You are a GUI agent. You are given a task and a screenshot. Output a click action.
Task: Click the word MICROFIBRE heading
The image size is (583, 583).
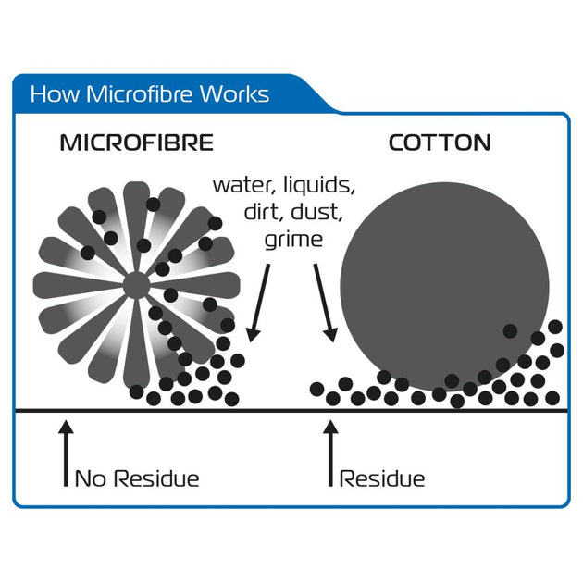[x=136, y=143]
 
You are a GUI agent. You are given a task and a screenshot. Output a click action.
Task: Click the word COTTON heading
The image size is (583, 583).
[x=440, y=143]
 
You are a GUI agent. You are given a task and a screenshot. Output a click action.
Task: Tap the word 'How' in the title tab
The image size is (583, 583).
[x=51, y=94]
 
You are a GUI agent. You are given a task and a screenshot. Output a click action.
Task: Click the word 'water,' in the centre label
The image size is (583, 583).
[x=243, y=183]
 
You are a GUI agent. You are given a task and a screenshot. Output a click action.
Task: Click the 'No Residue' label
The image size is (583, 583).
[x=136, y=478]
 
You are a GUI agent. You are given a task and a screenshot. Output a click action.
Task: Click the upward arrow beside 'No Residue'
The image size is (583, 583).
[x=65, y=453]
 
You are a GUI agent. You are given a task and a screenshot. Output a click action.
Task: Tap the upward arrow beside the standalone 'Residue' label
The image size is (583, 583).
[x=329, y=453]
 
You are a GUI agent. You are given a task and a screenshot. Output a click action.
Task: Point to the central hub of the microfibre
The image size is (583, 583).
[x=135, y=286]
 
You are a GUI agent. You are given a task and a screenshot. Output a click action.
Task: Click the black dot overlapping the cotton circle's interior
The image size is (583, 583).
[x=509, y=330]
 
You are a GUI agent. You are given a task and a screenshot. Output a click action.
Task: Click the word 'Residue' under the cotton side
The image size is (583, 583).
[x=382, y=478]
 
